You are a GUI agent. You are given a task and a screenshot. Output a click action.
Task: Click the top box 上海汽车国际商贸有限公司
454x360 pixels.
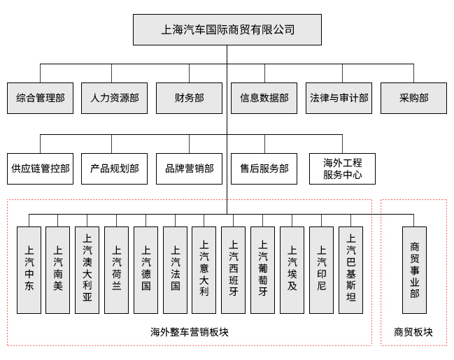point(227,29)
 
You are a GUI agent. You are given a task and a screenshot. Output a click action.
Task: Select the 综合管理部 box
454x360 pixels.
point(40,98)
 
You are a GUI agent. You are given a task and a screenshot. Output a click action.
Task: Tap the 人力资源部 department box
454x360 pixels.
point(115,98)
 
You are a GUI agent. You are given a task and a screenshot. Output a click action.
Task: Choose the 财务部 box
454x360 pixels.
point(189,98)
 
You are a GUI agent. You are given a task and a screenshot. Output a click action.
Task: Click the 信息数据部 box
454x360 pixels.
point(264,98)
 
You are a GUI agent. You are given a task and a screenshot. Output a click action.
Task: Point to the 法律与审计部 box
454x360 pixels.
point(339,98)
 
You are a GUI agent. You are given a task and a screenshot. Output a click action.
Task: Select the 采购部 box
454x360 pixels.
point(413,98)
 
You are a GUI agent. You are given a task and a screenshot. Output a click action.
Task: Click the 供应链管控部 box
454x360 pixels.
point(40,168)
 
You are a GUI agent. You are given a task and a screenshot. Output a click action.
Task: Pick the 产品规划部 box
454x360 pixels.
point(115,168)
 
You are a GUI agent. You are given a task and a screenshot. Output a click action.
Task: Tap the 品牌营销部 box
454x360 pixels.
point(189,168)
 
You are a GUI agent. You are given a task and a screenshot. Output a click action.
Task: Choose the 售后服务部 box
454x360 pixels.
point(264,168)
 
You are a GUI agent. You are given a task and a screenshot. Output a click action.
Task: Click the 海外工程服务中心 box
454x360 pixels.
point(342,168)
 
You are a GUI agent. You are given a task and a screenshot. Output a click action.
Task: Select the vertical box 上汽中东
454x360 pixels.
point(29,270)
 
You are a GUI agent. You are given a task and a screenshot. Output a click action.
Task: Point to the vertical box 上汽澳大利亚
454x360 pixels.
point(87,270)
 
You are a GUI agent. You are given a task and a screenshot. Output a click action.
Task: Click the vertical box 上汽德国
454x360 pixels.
point(146,270)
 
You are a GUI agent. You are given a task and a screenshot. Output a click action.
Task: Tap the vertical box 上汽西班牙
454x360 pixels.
point(233,270)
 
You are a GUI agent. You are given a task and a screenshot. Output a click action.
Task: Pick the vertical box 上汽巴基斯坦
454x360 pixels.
point(350,270)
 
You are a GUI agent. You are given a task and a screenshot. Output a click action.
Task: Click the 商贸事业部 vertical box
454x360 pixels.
point(414,270)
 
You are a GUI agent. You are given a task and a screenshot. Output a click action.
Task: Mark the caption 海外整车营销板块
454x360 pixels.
point(190,332)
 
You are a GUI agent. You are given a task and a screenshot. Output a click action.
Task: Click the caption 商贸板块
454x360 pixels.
point(413,332)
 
